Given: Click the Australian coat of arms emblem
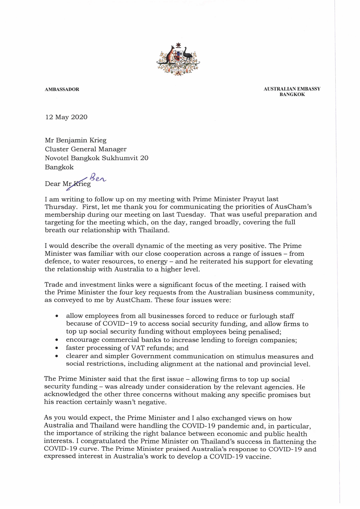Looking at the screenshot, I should (178, 60).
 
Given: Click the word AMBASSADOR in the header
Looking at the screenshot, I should (62, 89).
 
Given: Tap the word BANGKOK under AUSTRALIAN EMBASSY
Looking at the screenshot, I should (292, 95).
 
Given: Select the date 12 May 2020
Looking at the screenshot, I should (66, 117).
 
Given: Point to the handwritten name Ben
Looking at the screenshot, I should (98, 177).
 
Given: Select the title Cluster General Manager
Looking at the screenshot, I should (86, 149).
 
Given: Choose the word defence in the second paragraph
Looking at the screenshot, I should (57, 262).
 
